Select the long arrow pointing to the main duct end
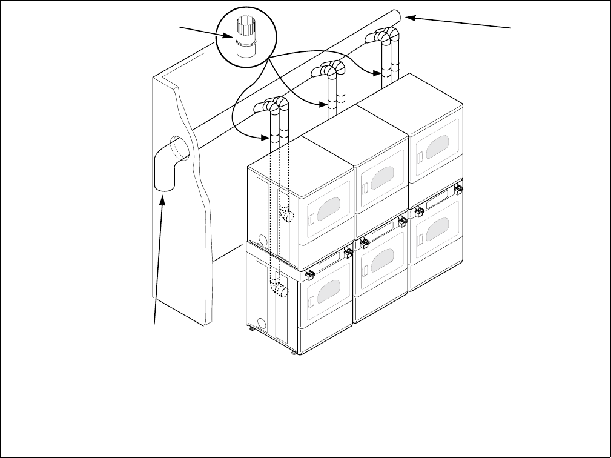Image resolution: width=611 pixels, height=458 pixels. tap(460, 24)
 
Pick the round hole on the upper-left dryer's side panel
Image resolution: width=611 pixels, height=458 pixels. tap(262, 236)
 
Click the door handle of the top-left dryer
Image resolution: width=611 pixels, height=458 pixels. tap(309, 217)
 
